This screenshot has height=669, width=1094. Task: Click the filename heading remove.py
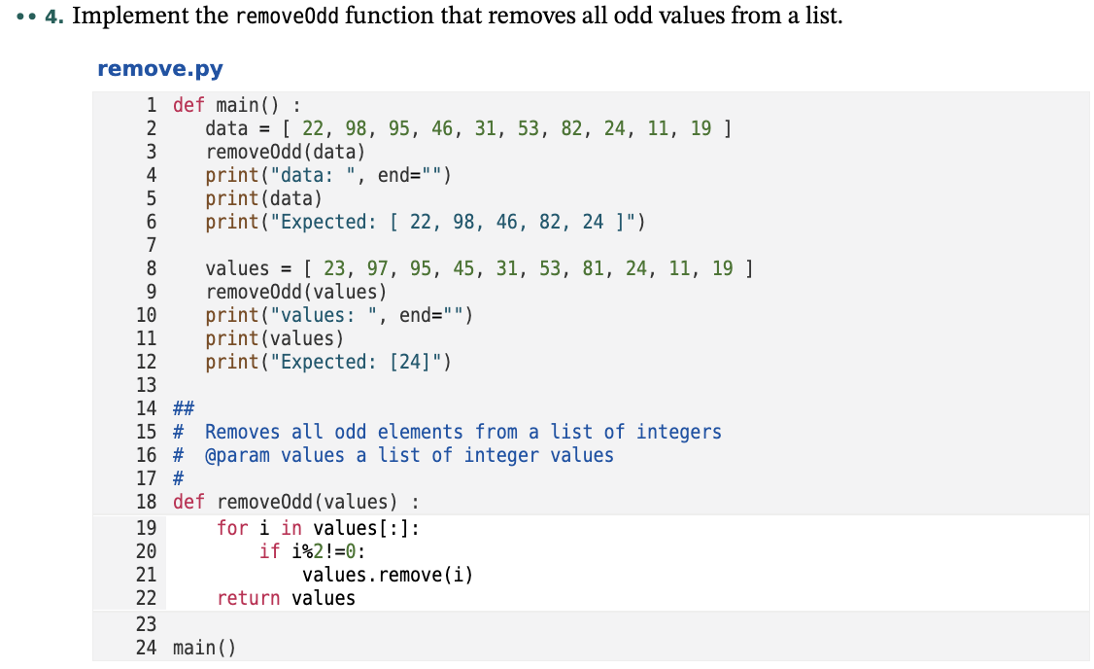tap(160, 69)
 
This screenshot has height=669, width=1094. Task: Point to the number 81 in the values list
tap(594, 268)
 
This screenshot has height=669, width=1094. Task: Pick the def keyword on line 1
tap(188, 105)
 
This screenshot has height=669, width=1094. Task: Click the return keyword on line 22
tap(249, 598)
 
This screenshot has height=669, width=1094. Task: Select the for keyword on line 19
tap(232, 528)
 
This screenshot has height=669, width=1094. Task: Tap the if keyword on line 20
tap(269, 551)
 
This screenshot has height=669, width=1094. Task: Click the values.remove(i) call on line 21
tap(388, 575)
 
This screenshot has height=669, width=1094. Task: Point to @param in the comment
tap(237, 455)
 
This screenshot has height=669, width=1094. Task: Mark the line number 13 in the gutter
tap(146, 385)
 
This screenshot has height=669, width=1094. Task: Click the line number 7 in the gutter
tap(151, 245)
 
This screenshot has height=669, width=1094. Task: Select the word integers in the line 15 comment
tap(679, 432)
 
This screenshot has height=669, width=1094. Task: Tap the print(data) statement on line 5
tap(263, 198)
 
